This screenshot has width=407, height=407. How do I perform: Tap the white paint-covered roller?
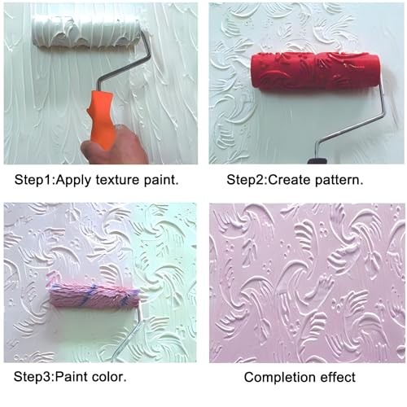coord(86,33)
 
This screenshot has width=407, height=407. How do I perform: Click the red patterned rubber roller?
coord(314,70)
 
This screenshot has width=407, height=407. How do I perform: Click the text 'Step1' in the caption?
coord(31,179)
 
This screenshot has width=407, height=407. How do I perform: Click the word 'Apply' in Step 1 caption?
coord(69,179)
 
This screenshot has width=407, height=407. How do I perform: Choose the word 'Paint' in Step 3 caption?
coord(70,378)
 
